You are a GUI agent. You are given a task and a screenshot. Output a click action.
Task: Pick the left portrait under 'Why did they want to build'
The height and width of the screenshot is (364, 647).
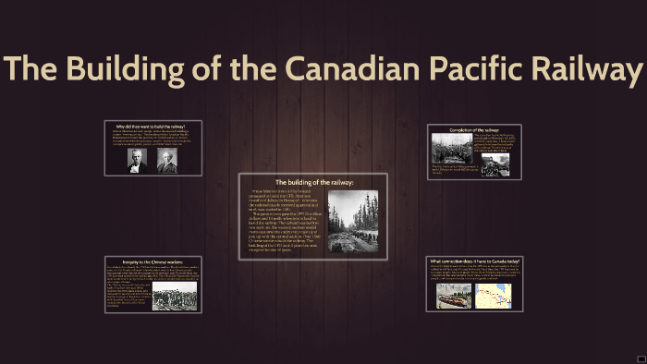[137, 161]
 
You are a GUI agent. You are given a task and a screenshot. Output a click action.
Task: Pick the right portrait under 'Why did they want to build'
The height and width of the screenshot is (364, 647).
[165, 161]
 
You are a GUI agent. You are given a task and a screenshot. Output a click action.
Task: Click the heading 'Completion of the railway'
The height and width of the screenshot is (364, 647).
[474, 130]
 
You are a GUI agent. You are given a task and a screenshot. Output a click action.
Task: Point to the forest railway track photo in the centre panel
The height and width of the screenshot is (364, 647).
[353, 221]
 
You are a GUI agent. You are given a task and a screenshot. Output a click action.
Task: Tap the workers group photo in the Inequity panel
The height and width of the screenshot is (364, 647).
[174, 295]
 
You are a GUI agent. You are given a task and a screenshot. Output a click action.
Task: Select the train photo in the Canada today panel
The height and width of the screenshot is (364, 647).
[454, 296]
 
